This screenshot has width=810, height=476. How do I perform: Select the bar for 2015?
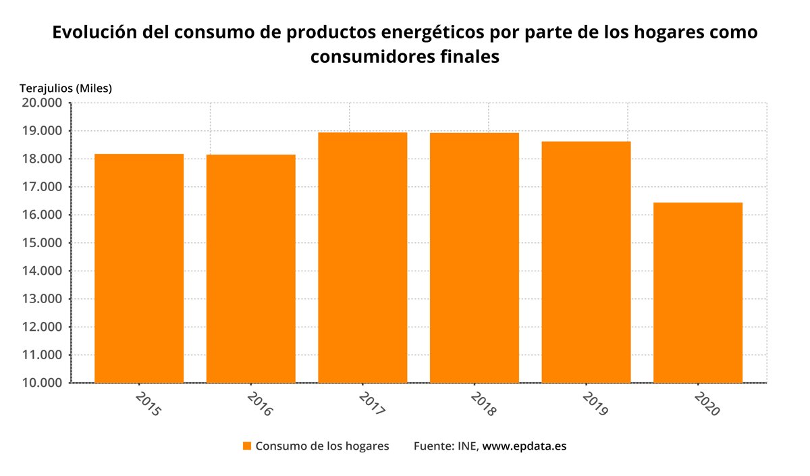click(139, 268)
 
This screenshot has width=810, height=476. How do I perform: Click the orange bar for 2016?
click(251, 269)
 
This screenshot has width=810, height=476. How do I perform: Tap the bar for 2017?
click(362, 257)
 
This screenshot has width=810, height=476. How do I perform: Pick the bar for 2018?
click(475, 257)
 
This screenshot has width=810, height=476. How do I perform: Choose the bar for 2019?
click(586, 262)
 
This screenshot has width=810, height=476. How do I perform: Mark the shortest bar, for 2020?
click(698, 292)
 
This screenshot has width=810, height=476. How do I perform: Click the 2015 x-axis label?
click(148, 402)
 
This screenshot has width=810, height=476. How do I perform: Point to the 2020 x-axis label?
click(707, 402)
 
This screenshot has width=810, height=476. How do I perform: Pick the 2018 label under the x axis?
click(483, 402)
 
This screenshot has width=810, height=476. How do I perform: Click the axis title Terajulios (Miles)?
click(65, 88)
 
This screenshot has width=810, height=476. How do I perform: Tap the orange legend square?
click(247, 446)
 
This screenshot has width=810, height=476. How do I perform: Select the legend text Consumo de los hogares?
click(322, 446)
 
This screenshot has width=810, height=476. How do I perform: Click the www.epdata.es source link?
click(524, 446)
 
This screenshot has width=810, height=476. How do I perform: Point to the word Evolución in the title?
click(92, 32)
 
